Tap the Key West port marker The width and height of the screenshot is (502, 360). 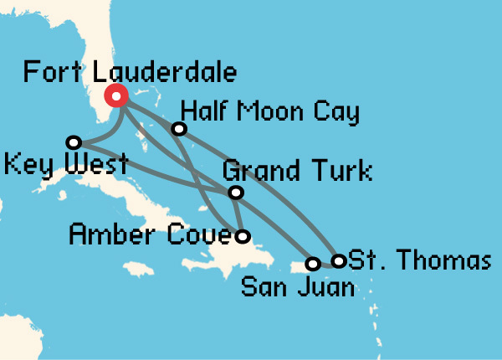point(74,142)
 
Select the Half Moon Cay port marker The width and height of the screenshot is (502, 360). point(178,129)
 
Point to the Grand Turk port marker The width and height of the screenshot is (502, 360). point(237,193)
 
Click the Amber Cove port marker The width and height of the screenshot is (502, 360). point(243,236)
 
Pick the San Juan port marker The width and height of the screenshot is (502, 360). point(313,264)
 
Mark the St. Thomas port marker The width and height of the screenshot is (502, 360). point(338,261)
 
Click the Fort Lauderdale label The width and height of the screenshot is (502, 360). point(130,71)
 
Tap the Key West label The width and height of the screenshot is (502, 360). point(65,163)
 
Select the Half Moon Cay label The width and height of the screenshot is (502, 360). point(269,111)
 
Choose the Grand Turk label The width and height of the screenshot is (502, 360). point(297,173)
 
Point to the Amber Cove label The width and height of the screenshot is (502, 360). point(148,234)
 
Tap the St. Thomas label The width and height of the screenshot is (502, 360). point(418,260)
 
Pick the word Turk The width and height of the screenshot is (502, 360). point(340,173)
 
